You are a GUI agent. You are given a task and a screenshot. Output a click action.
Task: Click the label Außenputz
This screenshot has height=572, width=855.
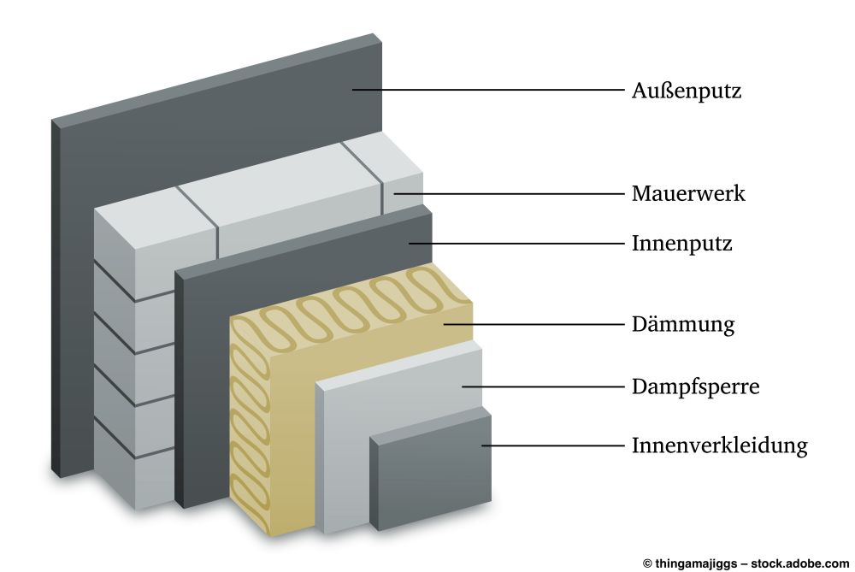(x=687, y=91)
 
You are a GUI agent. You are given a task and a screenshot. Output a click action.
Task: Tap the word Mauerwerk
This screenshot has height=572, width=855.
(x=688, y=193)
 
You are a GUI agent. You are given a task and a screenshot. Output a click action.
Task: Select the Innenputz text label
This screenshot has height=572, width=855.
(x=681, y=243)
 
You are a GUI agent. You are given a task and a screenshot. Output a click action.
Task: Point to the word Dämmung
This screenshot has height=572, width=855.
(x=683, y=324)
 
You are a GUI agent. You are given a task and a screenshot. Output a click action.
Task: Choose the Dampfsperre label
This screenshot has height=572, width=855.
(x=696, y=386)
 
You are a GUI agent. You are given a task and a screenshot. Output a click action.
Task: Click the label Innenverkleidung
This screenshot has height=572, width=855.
(x=720, y=445)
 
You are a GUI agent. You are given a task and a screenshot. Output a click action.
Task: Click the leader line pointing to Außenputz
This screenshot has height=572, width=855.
(x=488, y=90)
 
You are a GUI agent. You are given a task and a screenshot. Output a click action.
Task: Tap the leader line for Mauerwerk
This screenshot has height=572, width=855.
(x=509, y=193)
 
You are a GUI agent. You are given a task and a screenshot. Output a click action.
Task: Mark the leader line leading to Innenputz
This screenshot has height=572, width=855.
(x=516, y=243)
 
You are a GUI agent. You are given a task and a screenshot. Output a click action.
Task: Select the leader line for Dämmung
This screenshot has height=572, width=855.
(x=534, y=324)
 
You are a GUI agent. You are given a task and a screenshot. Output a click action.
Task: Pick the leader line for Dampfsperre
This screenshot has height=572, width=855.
(x=543, y=386)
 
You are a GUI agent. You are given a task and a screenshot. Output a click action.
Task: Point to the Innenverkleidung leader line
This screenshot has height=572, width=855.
(x=552, y=445)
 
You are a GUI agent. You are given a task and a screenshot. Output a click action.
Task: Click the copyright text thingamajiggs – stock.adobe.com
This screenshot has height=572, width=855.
(x=746, y=563)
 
